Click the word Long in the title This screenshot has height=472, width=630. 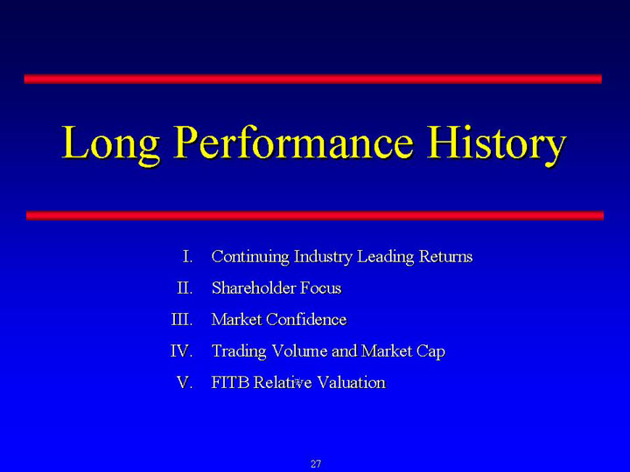pos(110,144)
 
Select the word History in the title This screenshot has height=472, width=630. pos(496,144)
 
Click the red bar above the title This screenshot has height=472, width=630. pos(313,79)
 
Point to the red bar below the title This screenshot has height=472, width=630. pos(315,216)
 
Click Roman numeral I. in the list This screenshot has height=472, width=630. pos(187,256)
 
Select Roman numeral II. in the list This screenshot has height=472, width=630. pos(185,288)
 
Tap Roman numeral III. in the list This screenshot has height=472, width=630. pos(182,320)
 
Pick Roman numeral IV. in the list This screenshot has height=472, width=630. pos(182,351)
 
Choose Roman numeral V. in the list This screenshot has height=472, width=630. pos(185,383)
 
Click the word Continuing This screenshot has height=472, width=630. pos(250,257)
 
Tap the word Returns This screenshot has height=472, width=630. pos(445,256)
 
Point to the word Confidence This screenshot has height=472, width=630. pos(306,320)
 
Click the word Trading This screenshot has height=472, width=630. pos(239,351)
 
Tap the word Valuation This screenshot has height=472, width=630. pos(351,383)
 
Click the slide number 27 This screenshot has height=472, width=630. pos(316,464)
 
